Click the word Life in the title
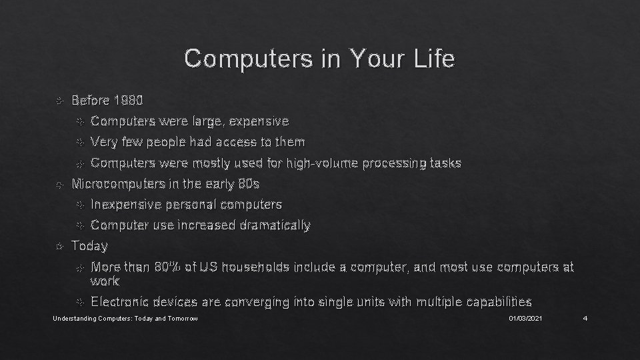tap(433, 59)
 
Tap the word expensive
tap(261, 121)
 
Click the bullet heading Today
tap(89, 246)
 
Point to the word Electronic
tap(120, 302)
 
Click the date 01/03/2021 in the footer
tap(525, 320)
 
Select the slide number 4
tap(584, 320)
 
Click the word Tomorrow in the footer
tap(183, 320)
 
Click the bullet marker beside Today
tap(59, 247)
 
